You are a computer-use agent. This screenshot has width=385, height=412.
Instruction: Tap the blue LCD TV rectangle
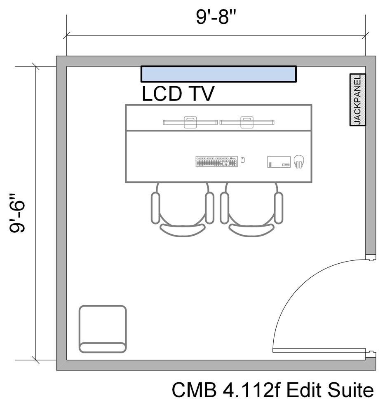[218, 74]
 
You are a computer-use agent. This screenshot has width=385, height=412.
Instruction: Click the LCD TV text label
[178, 94]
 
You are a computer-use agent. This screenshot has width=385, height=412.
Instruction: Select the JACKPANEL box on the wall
[357, 100]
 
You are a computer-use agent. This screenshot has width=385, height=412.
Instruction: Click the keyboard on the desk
[217, 161]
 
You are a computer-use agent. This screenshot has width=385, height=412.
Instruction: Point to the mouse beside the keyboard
[243, 160]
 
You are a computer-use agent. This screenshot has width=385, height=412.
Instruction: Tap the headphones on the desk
[299, 161]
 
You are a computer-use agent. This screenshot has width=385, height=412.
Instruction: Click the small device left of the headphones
[279, 162]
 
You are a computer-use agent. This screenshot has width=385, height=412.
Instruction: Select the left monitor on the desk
[190, 122]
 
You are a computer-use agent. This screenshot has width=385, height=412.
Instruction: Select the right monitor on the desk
[247, 122]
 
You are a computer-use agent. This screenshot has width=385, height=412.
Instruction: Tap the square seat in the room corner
[103, 329]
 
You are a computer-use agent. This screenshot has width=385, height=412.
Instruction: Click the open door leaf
[319, 351]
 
